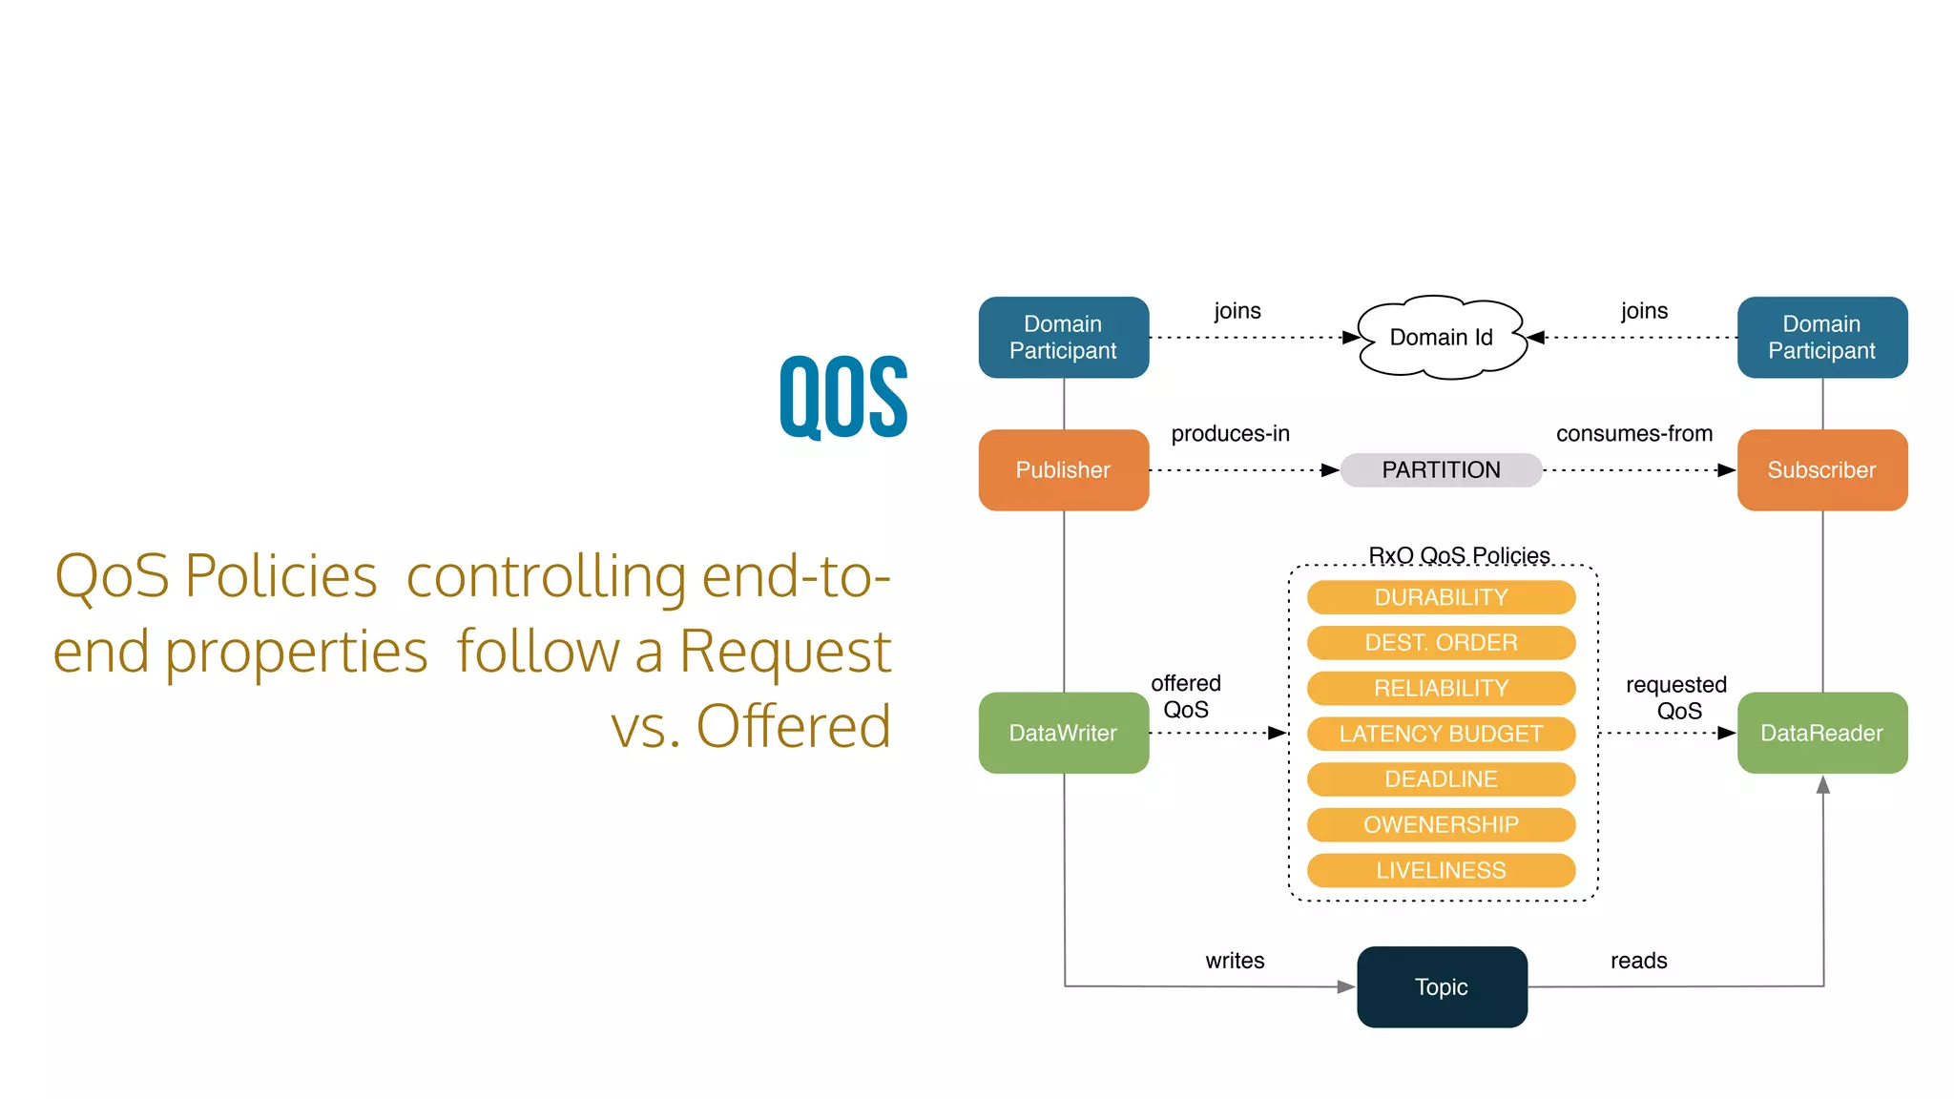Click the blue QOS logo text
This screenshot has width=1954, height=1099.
tap(843, 397)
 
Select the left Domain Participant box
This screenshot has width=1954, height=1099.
tap(1063, 338)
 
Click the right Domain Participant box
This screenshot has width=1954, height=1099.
tap(1821, 338)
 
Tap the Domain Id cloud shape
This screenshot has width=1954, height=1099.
tap(1441, 338)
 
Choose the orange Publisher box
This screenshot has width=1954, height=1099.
tap(1063, 470)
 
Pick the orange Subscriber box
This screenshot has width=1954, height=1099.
tap(1821, 470)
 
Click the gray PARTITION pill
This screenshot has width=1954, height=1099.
tap(1441, 470)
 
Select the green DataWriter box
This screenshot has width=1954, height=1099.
tap(1063, 733)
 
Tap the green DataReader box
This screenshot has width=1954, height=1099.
tap(1821, 733)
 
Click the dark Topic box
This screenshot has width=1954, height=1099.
tap(1441, 986)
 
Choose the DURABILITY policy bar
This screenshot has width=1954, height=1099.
tap(1441, 597)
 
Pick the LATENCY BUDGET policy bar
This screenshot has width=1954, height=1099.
tap(1441, 734)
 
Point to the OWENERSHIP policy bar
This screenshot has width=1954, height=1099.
tap(1441, 824)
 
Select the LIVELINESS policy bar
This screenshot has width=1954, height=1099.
tap(1441, 870)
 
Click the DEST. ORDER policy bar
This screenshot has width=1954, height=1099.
tap(1441, 643)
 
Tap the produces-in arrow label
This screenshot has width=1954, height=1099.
tap(1230, 434)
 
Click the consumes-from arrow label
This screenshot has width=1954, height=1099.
tap(1633, 434)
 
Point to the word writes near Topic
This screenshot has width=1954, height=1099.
tap(1235, 961)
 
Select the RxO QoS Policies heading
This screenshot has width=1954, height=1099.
tap(1459, 555)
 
